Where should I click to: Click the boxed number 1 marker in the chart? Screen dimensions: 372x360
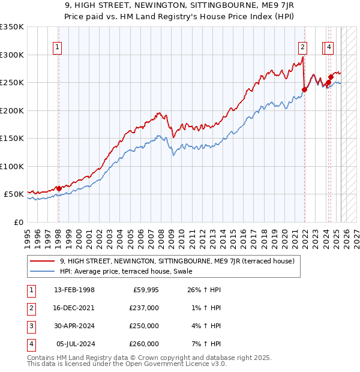(57, 49)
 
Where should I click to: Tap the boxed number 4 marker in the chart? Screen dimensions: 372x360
(329, 49)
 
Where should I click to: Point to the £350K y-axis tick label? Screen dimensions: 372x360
(12, 27)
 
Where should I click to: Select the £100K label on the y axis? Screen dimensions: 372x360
(12, 166)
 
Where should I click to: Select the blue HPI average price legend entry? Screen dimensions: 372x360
(125, 271)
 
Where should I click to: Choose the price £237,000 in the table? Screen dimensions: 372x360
(144, 308)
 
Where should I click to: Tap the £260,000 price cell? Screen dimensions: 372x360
(144, 344)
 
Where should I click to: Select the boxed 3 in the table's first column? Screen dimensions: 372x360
(30, 326)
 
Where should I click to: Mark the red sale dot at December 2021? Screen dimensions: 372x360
(304, 90)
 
